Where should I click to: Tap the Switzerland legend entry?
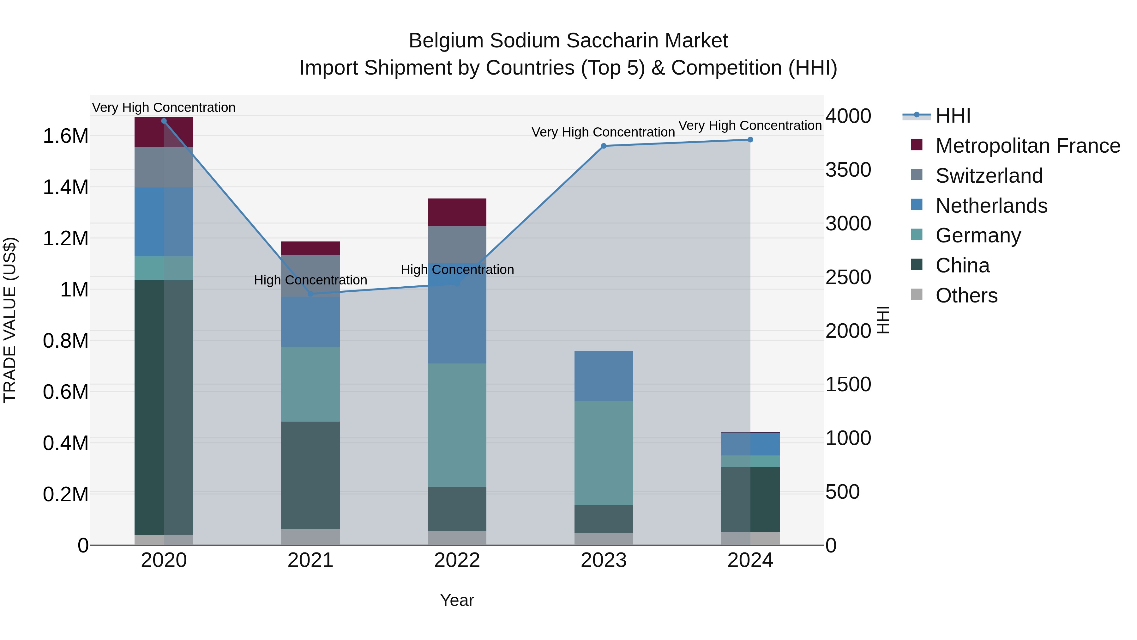point(989,176)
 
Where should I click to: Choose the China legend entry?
point(962,265)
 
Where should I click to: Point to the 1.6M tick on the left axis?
point(66,136)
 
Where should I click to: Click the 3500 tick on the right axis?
point(848,170)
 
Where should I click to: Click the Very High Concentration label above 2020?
point(164,107)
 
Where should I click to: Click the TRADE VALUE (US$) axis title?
point(10,320)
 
